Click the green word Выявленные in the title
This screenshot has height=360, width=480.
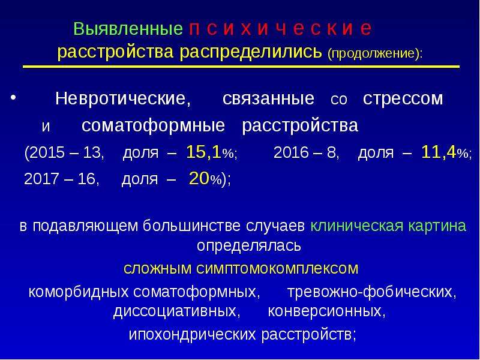click(128, 29)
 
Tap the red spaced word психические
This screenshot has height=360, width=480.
click(280, 28)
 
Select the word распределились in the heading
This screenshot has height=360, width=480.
click(251, 52)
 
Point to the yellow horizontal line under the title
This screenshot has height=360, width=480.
click(241, 67)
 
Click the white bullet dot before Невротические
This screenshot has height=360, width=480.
click(13, 97)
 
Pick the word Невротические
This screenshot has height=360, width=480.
click(123, 98)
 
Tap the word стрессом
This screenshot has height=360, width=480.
click(403, 99)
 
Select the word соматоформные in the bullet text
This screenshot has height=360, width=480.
click(153, 126)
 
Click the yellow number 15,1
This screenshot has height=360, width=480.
click(204, 152)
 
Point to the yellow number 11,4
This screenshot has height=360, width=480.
click(439, 152)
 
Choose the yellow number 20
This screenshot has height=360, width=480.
click(199, 178)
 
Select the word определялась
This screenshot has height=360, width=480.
click(248, 246)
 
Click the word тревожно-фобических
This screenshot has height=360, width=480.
click(371, 292)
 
